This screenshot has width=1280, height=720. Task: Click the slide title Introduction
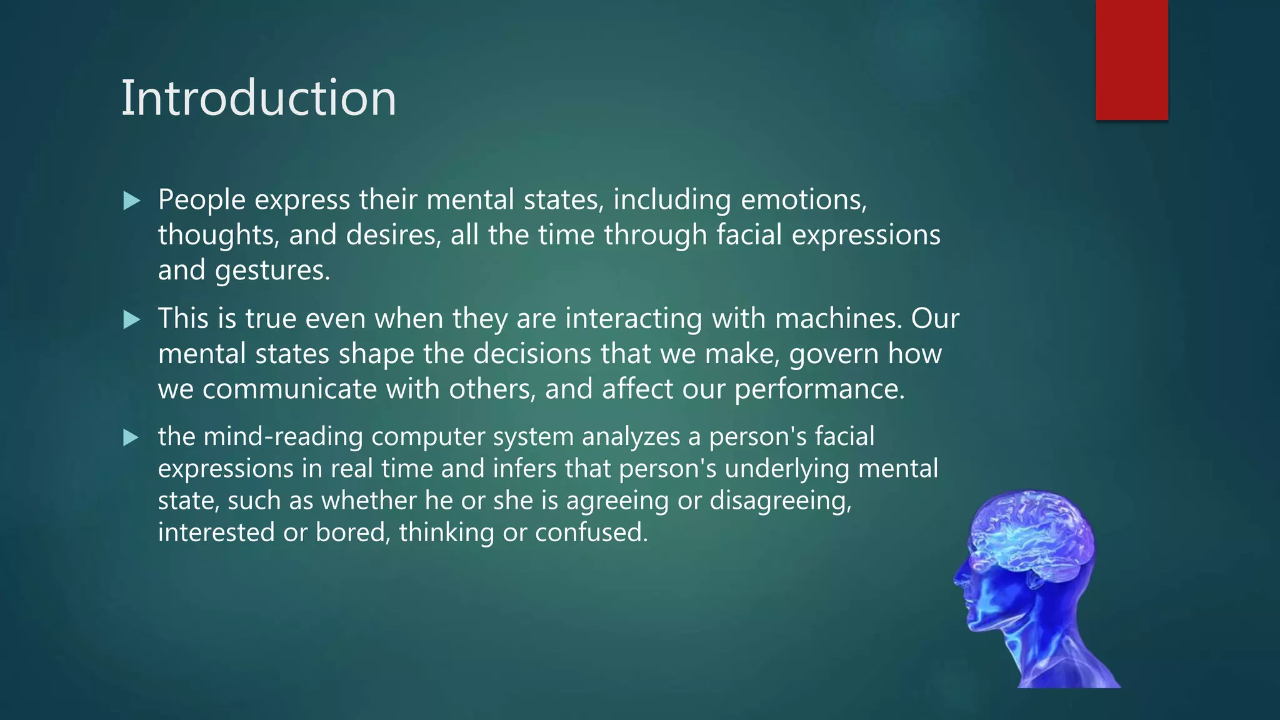coord(258,98)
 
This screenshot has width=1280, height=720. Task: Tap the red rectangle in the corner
coord(1131,59)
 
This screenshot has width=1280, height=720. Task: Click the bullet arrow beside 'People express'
coord(131,201)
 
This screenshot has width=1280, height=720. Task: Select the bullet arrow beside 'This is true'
coord(131,320)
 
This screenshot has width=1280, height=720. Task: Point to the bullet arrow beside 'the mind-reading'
coord(131,437)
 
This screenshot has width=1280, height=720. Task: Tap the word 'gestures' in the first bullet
coord(271,271)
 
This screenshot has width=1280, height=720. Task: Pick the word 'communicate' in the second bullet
coord(289,389)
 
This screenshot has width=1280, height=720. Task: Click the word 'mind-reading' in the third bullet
coord(283,436)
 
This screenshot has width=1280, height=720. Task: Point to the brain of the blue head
coord(1031,531)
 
